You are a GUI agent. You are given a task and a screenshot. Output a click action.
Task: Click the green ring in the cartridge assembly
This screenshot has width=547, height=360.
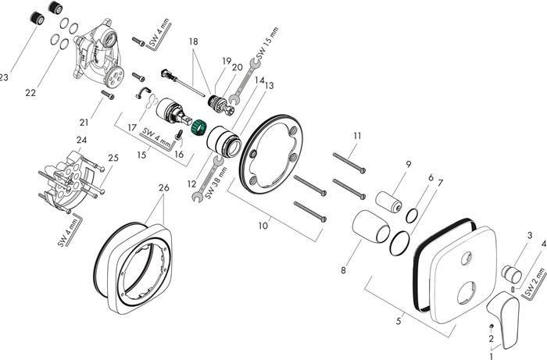coord(198,126)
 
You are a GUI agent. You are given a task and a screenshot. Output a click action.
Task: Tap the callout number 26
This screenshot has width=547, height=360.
coord(163,187)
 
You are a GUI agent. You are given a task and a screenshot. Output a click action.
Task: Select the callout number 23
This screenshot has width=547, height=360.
coord(4,77)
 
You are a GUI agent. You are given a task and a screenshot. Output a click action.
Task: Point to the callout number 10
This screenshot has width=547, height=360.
coord(263,226)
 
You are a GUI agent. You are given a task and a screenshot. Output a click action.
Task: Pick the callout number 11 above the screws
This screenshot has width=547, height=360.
coord(356,136)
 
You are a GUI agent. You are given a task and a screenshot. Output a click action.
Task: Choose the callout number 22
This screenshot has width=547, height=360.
coord(30,93)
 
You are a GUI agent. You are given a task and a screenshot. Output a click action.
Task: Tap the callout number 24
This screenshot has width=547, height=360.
coord(81,141)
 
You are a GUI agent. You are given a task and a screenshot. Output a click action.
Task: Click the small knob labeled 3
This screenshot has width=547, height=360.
coord(513,273)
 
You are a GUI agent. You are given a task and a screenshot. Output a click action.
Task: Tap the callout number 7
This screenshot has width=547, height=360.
coord(441,183)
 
